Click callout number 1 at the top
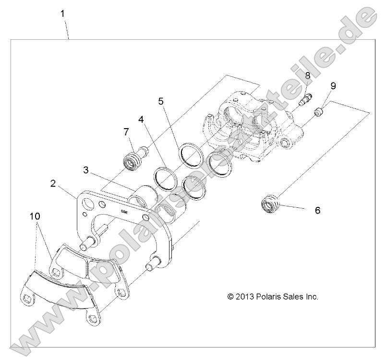point(63,14)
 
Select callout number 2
point(53,183)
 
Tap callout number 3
point(85,169)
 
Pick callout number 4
point(141,118)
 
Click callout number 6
point(317,210)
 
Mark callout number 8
point(307,75)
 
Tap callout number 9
point(333,86)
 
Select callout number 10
point(35,216)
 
